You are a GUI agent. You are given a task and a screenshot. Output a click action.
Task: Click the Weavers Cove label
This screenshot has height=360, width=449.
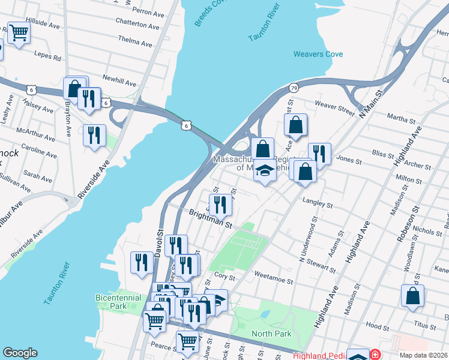(318, 54)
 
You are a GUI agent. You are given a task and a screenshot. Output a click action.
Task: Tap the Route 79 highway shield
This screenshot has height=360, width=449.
(293, 88)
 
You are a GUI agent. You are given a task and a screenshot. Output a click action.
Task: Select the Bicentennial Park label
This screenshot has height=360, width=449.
(118, 302)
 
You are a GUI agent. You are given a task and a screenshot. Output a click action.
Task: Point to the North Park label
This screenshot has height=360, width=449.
(271, 334)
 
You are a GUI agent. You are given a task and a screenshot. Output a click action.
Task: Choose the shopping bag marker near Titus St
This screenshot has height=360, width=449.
(412, 296)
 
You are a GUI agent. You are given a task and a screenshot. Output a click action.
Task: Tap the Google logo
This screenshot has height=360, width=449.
(20, 353)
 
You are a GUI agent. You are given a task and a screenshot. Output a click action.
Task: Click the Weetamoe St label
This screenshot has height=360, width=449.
(273, 281)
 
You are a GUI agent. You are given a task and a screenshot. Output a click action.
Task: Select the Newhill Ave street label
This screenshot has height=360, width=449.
(119, 81)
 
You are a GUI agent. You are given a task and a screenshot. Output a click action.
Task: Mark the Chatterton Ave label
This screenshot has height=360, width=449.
(140, 25)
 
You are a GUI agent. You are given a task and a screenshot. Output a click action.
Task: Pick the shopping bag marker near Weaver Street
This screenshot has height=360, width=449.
(296, 125)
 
